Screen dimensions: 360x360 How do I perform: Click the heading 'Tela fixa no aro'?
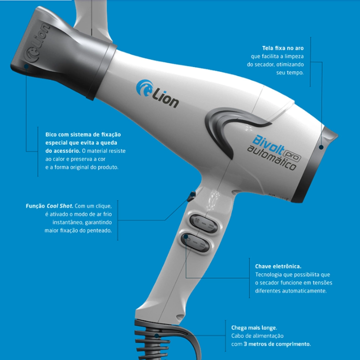283,48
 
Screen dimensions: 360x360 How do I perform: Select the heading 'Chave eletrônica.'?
278,266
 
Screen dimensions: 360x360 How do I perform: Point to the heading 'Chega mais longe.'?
254,328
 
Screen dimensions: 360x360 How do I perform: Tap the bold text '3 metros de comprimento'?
278,344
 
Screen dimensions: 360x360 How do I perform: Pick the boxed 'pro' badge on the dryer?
292,154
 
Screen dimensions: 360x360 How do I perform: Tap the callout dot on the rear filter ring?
321,147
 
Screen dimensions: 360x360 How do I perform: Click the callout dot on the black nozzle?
26,66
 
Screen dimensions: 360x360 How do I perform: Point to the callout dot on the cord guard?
157,336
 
